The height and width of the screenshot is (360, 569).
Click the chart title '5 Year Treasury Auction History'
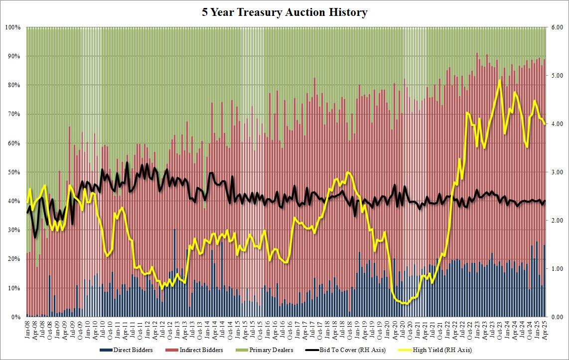click(284, 12)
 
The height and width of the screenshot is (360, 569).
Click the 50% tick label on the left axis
click(13, 172)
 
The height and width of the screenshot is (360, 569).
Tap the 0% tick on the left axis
click(15, 317)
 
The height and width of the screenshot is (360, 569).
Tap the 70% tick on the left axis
click(13, 115)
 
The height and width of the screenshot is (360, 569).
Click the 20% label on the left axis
click(13, 259)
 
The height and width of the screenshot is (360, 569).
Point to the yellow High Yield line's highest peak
click(499, 80)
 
